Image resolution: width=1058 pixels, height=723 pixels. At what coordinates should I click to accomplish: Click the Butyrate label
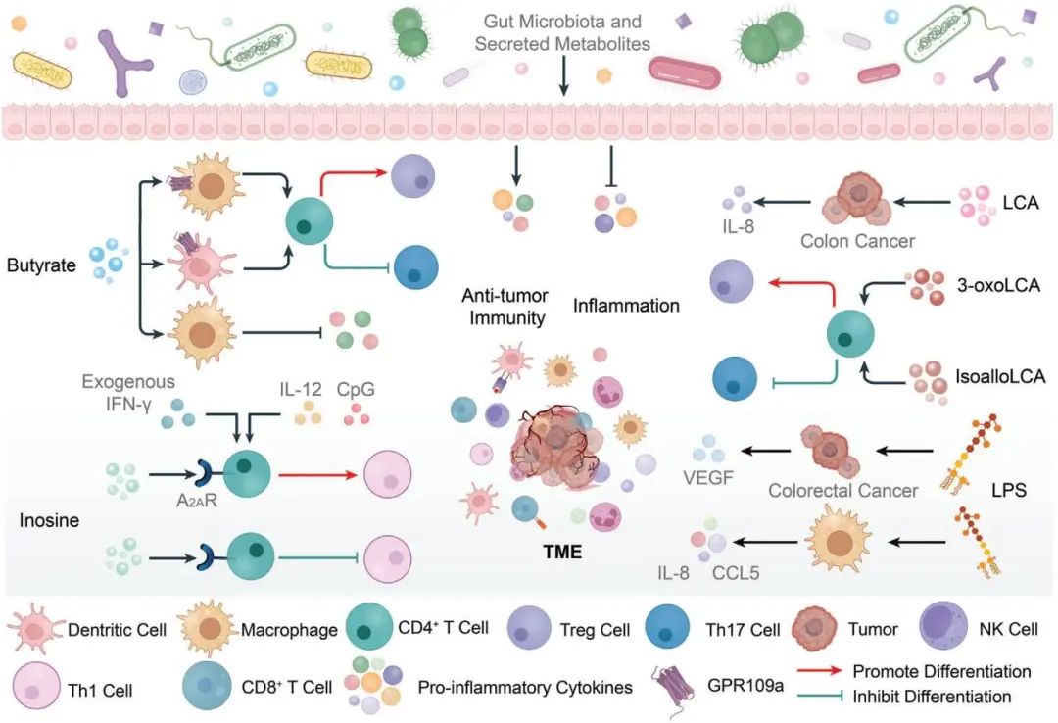[x=40, y=265]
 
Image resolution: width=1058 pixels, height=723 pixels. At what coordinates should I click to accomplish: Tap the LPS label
[x=1008, y=490]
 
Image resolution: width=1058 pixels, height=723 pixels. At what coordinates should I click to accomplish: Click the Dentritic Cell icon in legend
[x=37, y=628]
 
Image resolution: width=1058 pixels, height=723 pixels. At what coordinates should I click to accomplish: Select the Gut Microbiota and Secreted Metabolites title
[x=562, y=32]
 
